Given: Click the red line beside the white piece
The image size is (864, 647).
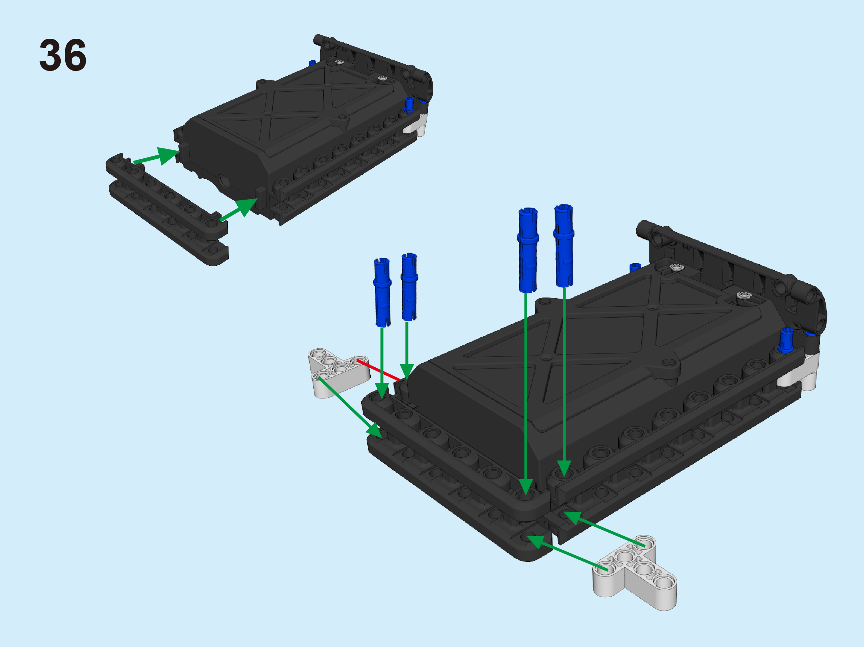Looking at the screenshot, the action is point(379,370).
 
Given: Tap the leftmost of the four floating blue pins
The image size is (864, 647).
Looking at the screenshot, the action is point(382,292).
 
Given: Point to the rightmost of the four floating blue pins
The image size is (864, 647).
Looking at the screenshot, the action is point(564,246).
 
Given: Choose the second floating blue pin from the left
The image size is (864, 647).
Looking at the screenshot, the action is point(409,287).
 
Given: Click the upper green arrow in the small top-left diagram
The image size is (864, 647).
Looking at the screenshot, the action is point(156,156).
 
